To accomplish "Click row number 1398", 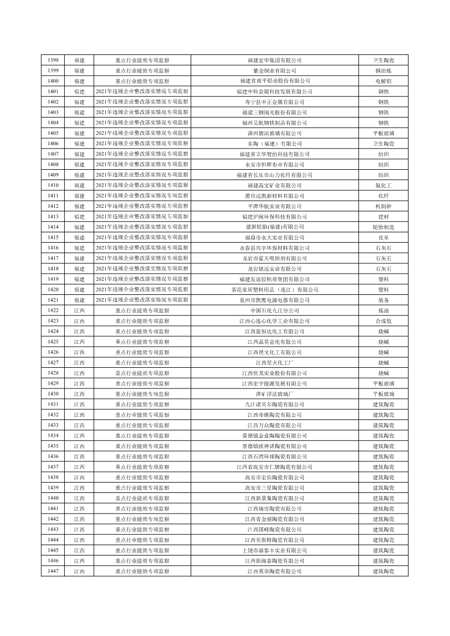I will [x=53, y=60].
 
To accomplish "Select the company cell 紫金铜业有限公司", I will [x=275, y=71].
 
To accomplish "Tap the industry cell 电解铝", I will [x=384, y=81].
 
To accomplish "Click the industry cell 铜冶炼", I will [x=384, y=71].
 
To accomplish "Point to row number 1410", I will [x=53, y=186].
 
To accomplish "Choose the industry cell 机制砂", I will [x=384, y=206].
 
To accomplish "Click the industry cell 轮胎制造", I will [x=384, y=227].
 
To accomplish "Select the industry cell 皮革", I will [x=384, y=238].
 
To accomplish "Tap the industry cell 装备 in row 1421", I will [x=384, y=300].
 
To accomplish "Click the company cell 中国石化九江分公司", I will [x=275, y=311].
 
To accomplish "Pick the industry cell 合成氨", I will [x=384, y=321].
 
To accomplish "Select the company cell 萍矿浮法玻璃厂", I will [x=275, y=394].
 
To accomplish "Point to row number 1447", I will [x=53, y=571].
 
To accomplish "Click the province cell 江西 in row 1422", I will [x=80, y=311].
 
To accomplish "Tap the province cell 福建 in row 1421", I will [x=80, y=300].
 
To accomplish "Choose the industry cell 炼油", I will [x=384, y=311].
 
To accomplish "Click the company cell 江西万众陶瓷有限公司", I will [x=275, y=425].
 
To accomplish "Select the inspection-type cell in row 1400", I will [x=142, y=81].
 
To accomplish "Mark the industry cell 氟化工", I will [x=384, y=186].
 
